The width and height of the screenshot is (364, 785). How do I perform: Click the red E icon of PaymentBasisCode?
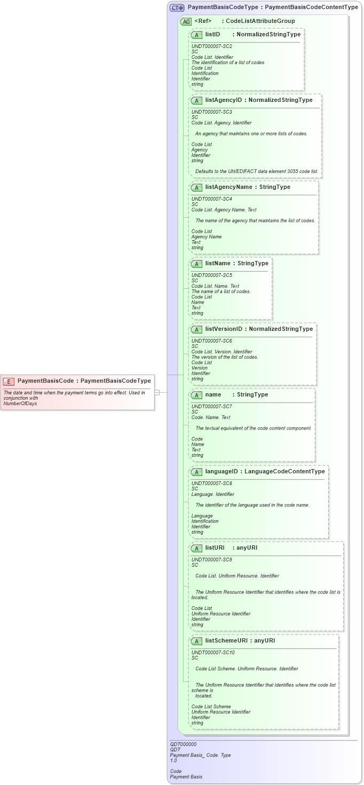point(9,381)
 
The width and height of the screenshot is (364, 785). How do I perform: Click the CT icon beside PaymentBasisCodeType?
point(177,7)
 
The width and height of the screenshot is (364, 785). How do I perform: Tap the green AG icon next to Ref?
point(186,21)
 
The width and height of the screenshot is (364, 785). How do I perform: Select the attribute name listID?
point(212,34)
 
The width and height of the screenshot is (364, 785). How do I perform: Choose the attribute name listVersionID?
point(224,329)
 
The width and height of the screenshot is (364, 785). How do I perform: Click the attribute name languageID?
point(221,472)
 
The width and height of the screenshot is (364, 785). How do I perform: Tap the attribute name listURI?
point(215,548)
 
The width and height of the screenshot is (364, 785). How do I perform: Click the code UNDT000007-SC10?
point(213,653)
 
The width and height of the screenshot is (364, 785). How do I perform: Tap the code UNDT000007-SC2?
point(211,46)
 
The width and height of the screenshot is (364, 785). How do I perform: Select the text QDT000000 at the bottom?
point(183,744)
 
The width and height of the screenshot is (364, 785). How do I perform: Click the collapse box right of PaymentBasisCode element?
point(157,392)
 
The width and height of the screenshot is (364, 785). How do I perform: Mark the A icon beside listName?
point(196,264)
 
